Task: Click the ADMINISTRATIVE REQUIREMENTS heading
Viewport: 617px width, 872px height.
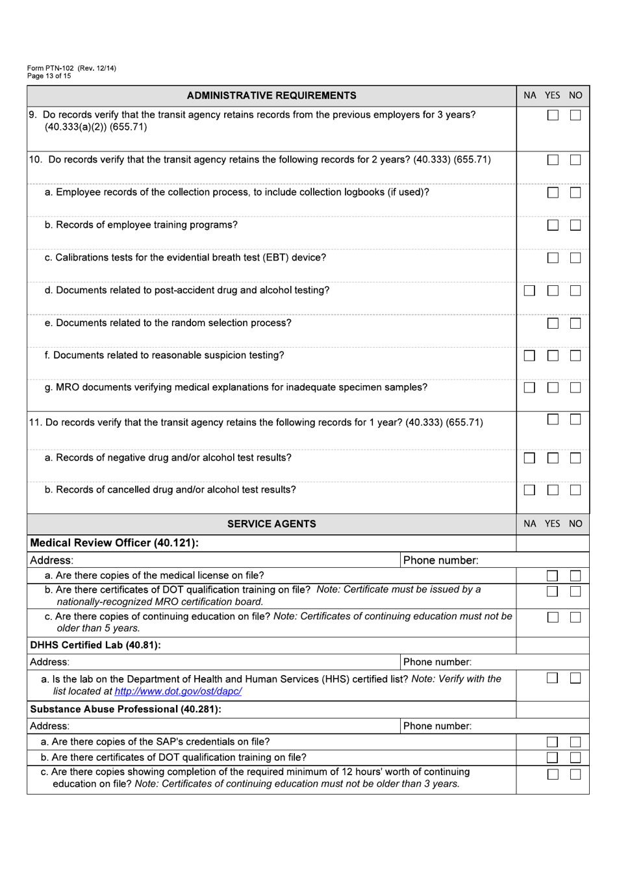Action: [x=271, y=96]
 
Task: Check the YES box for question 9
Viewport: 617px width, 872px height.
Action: [x=553, y=115]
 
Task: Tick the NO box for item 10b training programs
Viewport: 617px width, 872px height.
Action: [x=575, y=225]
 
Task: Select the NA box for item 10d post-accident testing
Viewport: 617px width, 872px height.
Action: [x=529, y=290]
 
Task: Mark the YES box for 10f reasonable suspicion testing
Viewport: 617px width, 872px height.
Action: [x=553, y=355]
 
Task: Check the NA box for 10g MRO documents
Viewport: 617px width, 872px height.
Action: [x=529, y=387]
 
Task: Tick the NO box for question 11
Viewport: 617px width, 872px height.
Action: [x=575, y=419]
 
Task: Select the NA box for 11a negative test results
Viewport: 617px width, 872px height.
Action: [x=529, y=458]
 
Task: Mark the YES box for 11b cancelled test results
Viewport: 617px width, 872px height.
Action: [x=553, y=490]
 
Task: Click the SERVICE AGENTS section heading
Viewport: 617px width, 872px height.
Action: [x=271, y=524]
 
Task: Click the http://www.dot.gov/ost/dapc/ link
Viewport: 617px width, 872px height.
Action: [x=178, y=691]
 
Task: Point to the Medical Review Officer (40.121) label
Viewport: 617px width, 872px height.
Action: [x=114, y=543]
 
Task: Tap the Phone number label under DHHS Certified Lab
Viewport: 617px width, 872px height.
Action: [x=437, y=662]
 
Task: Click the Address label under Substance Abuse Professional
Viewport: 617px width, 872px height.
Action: [x=50, y=726]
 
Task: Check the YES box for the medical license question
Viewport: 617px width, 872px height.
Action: [x=552, y=576]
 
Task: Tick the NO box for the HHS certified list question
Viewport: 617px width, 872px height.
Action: [x=575, y=678]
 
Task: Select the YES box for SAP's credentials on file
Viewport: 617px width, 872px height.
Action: [x=552, y=742]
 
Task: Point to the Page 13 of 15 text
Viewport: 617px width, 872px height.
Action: [x=49, y=76]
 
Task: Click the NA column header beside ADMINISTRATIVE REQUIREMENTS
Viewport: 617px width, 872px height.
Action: [x=530, y=96]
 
